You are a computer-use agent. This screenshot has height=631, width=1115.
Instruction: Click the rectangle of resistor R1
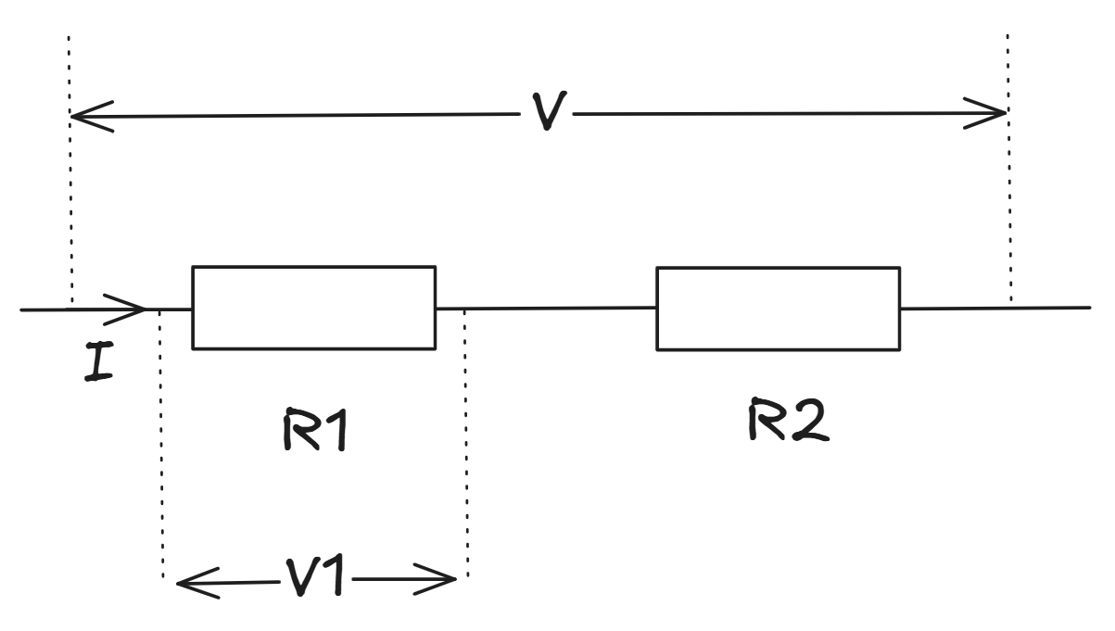pyautogui.click(x=313, y=308)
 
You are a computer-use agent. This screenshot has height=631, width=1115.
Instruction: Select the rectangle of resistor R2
pyautogui.click(x=778, y=309)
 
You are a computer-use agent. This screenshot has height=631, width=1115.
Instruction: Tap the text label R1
pyautogui.click(x=315, y=429)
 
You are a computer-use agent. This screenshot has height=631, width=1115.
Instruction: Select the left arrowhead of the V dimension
pyautogui.click(x=88, y=117)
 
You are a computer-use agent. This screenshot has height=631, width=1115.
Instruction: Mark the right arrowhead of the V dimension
pyautogui.click(x=990, y=114)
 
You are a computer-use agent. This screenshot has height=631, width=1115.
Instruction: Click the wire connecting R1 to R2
pyautogui.click(x=546, y=308)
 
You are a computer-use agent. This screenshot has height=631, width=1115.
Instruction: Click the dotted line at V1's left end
pyautogui.click(x=161, y=445)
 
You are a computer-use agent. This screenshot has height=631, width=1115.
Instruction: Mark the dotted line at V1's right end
pyautogui.click(x=466, y=445)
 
